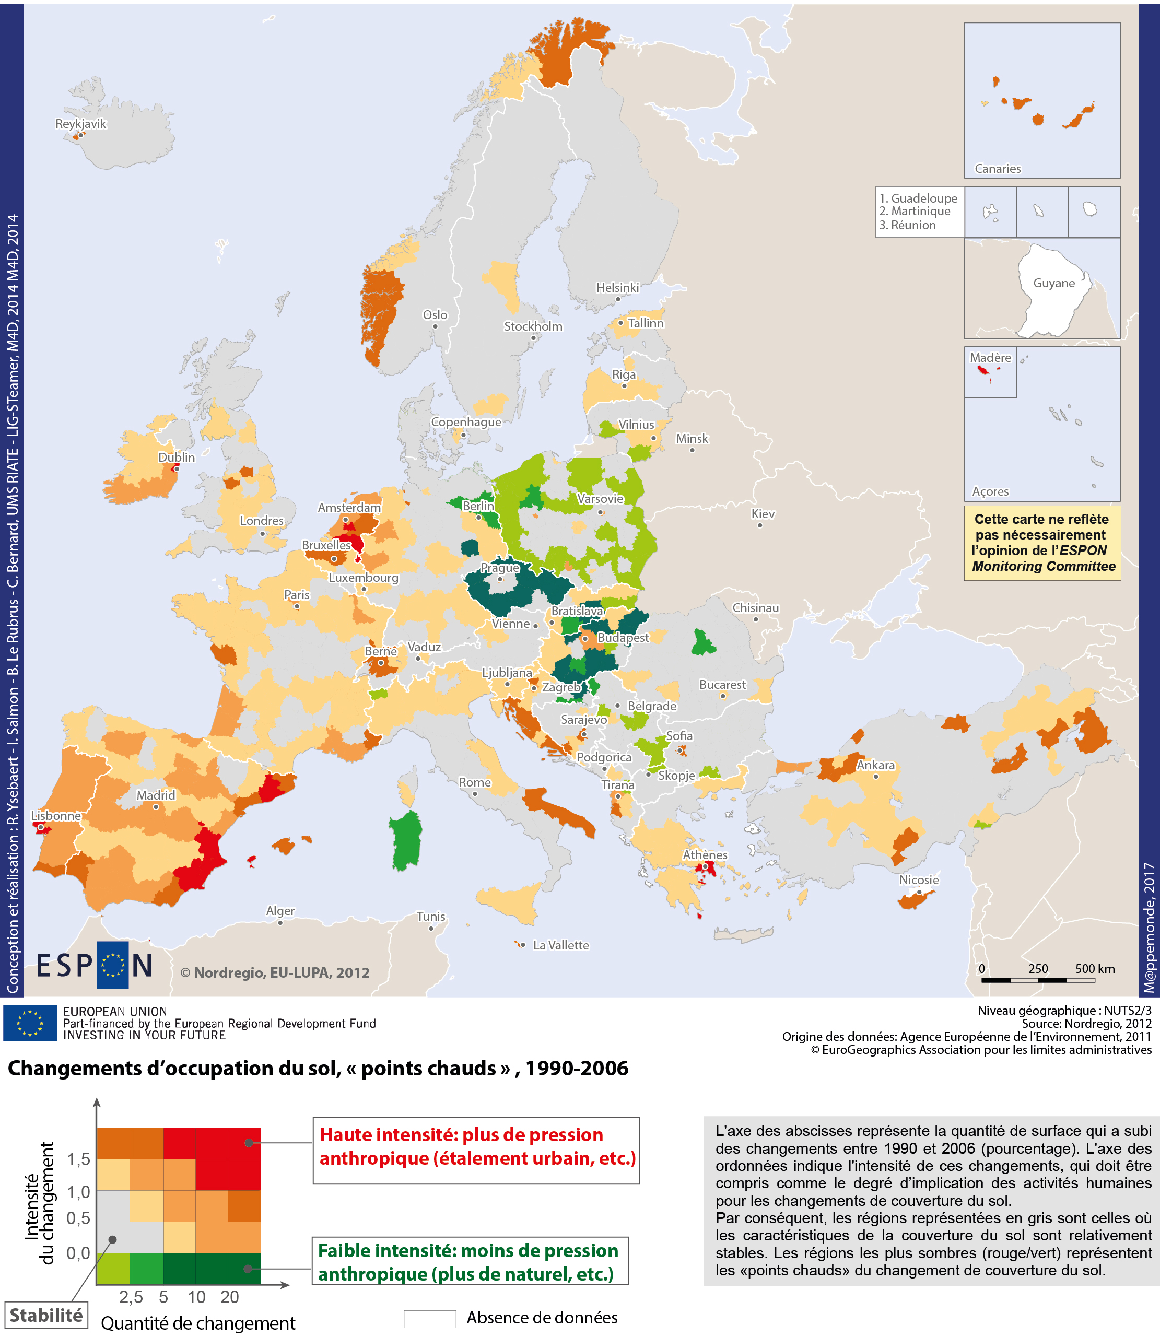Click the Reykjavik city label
(x=80, y=124)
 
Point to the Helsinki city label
(x=617, y=287)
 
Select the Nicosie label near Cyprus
(x=919, y=880)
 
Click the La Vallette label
(x=560, y=945)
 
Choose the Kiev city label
(x=763, y=514)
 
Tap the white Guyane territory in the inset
(x=1052, y=291)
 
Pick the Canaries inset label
(x=998, y=169)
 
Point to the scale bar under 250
(x=1038, y=980)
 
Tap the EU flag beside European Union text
(x=30, y=1023)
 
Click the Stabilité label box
(x=46, y=1315)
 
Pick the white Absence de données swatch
(x=429, y=1318)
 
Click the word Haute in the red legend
(x=346, y=1134)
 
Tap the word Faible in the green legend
(x=344, y=1250)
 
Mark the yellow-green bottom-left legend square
(x=113, y=1269)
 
